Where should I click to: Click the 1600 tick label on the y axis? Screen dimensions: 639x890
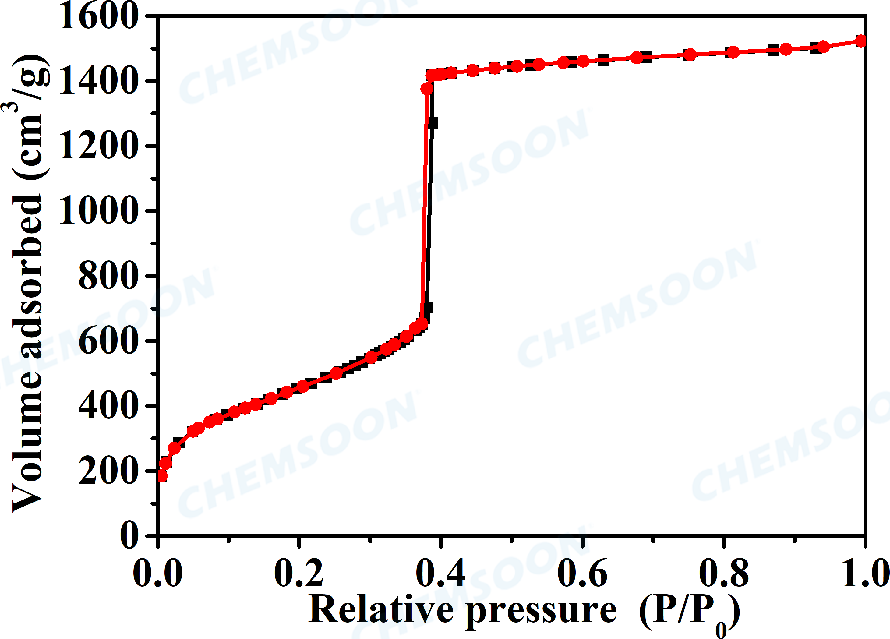[99, 16]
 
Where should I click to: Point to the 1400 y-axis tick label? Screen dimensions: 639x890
[99, 81]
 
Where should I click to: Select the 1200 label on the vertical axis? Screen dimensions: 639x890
[99, 146]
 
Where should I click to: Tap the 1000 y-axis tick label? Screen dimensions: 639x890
[99, 211]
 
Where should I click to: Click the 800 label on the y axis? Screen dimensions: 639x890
[109, 276]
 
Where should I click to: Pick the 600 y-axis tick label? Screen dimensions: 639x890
[109, 341]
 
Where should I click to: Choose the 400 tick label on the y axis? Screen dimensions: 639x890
[109, 406]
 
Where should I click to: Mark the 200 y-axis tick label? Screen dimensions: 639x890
[109, 471]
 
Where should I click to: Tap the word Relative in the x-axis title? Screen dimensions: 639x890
[381, 609]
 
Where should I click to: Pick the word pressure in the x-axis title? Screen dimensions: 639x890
[542, 611]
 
